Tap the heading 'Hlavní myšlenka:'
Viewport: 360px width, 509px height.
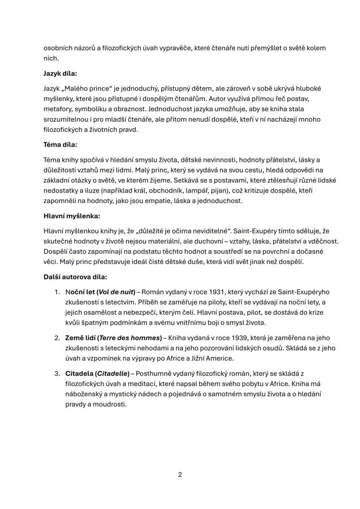[72, 216]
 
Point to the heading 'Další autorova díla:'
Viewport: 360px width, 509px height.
[75, 276]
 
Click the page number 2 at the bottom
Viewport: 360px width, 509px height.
[180, 474]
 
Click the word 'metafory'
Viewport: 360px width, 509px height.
[57, 109]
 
